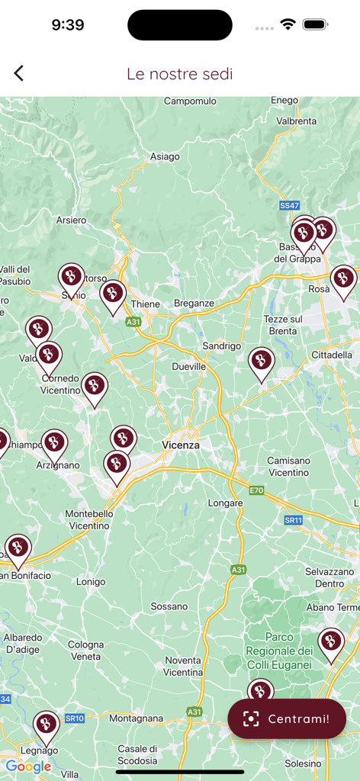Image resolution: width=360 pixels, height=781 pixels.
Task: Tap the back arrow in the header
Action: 19,73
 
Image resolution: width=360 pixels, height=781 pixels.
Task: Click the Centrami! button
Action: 287,718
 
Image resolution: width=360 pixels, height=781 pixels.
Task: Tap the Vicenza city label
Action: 181,445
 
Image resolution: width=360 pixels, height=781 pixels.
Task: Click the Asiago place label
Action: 165,156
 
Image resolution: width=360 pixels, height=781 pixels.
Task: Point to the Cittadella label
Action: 332,355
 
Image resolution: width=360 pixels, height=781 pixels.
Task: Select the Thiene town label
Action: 146,304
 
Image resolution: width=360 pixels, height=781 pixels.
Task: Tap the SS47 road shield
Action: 289,206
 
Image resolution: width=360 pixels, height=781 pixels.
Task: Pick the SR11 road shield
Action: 294,520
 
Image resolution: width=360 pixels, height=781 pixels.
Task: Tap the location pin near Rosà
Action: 343,281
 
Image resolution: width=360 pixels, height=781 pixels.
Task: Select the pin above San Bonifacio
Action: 18,549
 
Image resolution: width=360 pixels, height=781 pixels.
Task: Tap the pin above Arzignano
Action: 54,445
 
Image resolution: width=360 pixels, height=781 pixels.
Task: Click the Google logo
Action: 28,767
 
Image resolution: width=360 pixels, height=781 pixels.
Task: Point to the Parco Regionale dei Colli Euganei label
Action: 279,651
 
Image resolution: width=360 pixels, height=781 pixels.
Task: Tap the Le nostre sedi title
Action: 180,74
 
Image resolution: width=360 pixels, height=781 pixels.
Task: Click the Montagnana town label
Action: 137,718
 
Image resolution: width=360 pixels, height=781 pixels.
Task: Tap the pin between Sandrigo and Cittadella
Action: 262,362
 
